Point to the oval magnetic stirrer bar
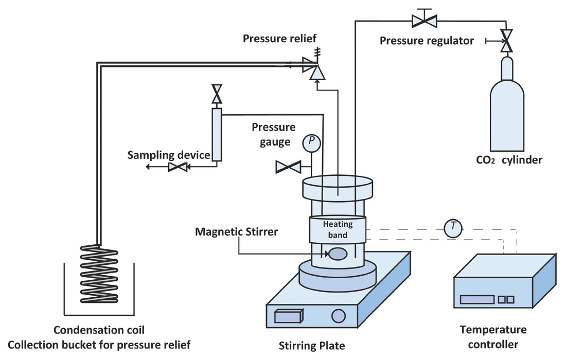coord(338,254)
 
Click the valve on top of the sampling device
coord(216,94)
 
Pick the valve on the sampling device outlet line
coord(178,167)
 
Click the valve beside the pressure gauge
coord(288,167)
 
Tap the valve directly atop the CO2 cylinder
coord(507,40)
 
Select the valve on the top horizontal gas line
coord(424,21)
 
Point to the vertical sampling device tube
coord(216,134)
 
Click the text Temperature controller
coord(493,337)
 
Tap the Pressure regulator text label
coord(427,40)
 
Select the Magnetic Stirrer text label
coord(236,232)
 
